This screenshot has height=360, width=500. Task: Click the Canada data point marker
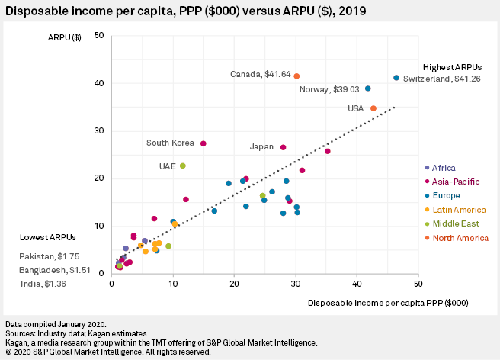(x=296, y=76)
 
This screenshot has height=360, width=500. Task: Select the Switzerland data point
(x=396, y=78)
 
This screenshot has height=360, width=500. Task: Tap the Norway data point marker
(x=368, y=88)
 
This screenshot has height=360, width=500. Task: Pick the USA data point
(x=373, y=108)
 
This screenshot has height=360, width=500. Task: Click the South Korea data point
(x=204, y=143)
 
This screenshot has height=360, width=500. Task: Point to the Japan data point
(x=284, y=147)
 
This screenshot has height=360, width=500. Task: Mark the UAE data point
(x=183, y=166)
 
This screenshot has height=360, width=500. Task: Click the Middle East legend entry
(x=455, y=223)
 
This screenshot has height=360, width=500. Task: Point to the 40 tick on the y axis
(x=99, y=83)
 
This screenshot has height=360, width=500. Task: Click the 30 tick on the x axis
(x=295, y=284)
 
